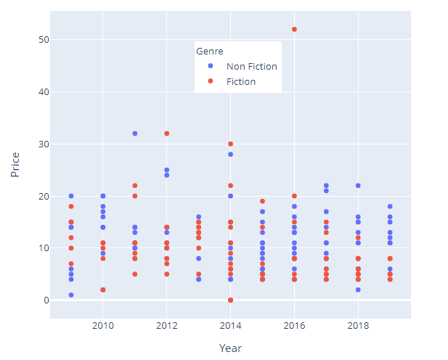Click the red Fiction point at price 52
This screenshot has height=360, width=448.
pos(294,29)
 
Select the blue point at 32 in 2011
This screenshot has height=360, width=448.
pos(135,134)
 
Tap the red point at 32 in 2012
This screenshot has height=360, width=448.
pos(167,134)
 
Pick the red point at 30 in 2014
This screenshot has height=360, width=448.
pos(231,144)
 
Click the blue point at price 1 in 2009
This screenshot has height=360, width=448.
pos(71,295)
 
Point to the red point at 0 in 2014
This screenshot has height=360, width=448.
pos(231,300)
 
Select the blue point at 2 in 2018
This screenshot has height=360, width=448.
pos(358,290)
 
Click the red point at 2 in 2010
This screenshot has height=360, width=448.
pos(103,290)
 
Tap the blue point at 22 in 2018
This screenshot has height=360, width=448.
pos(358,186)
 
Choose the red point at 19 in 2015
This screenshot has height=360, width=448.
pos(262,201)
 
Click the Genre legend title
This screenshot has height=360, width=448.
pos(209,52)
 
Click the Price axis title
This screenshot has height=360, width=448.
pos(15,165)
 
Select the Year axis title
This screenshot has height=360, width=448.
pos(230,348)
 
